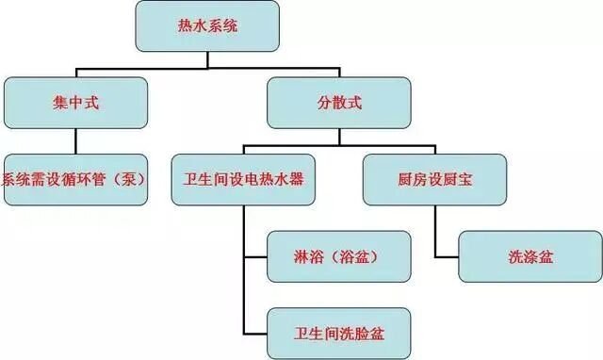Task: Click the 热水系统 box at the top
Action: pyautogui.click(x=207, y=26)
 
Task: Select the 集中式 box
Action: pyautogui.click(x=76, y=103)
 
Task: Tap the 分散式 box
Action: pyautogui.click(x=339, y=103)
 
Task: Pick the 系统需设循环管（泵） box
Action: pyautogui.click(x=74, y=180)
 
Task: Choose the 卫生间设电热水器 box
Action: pyautogui.click(x=244, y=180)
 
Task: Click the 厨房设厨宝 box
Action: pyautogui.click(x=434, y=180)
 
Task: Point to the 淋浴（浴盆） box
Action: pyautogui.click(x=339, y=255)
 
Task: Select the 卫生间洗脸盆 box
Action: pyautogui.click(x=339, y=333)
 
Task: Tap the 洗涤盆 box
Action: pyautogui.click(x=530, y=255)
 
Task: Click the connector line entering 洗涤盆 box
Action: pyautogui.click(x=447, y=255)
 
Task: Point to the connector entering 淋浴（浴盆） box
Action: pyautogui.click(x=255, y=255)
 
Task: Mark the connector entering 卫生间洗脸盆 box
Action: pyautogui.click(x=255, y=333)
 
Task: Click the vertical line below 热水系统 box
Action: pyautogui.click(x=207, y=59)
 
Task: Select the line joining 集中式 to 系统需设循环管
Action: pyautogui.click(x=76, y=141)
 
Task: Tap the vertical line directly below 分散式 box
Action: pyautogui.click(x=339, y=137)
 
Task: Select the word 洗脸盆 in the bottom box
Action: pyautogui.click(x=362, y=333)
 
